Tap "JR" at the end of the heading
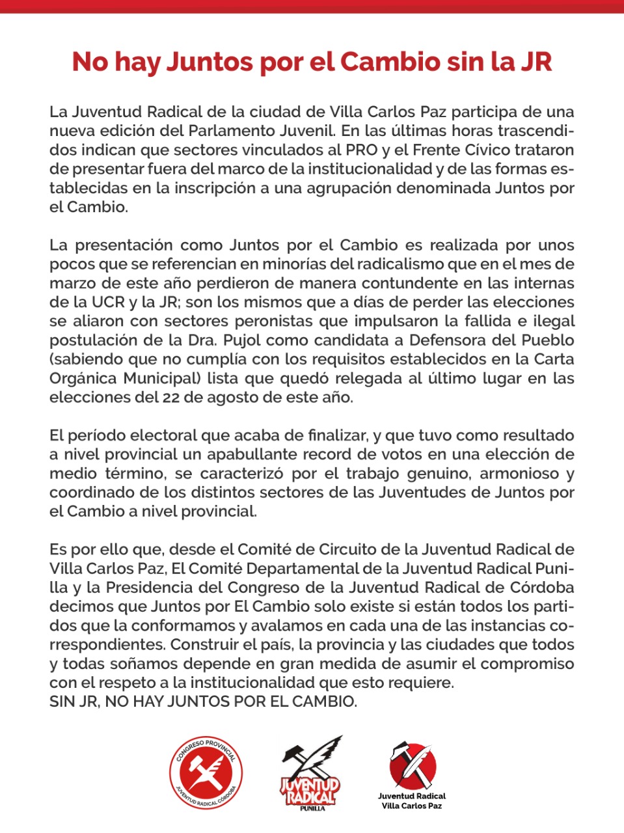(x=536, y=62)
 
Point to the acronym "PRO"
(x=361, y=150)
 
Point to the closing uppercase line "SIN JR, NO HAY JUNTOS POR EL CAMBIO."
(x=203, y=702)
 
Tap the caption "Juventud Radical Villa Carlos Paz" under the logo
(x=412, y=801)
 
